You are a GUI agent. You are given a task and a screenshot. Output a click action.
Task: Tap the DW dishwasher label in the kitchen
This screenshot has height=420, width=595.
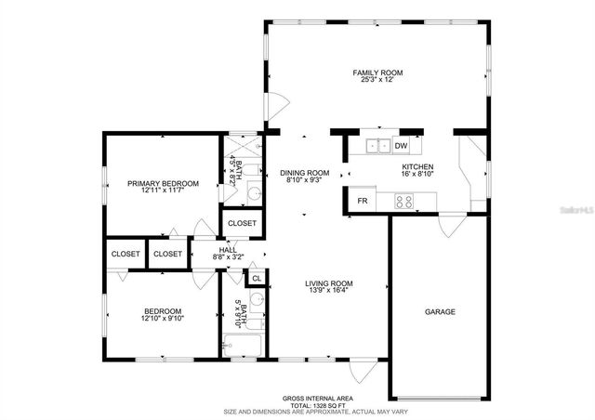(x=401, y=146)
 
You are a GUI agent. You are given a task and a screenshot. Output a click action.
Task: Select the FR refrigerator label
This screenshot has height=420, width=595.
(x=362, y=201)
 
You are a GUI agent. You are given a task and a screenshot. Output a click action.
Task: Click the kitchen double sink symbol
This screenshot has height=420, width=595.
(x=377, y=146)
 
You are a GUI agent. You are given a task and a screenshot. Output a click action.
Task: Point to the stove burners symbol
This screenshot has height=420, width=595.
(x=404, y=200)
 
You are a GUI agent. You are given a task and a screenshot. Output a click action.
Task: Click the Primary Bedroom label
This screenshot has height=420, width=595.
(x=163, y=184)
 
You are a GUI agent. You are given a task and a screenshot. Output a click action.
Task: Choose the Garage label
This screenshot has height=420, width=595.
(x=440, y=312)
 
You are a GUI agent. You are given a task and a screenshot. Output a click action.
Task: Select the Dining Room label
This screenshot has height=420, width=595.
(x=305, y=173)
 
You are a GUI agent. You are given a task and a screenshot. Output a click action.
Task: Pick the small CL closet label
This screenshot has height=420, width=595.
(x=257, y=277)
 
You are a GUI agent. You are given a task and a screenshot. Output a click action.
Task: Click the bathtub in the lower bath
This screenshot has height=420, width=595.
(x=244, y=347)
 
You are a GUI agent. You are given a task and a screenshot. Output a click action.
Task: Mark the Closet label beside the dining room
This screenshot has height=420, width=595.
(x=242, y=223)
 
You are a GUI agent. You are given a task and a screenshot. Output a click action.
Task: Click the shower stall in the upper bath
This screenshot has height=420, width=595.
(x=244, y=144)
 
